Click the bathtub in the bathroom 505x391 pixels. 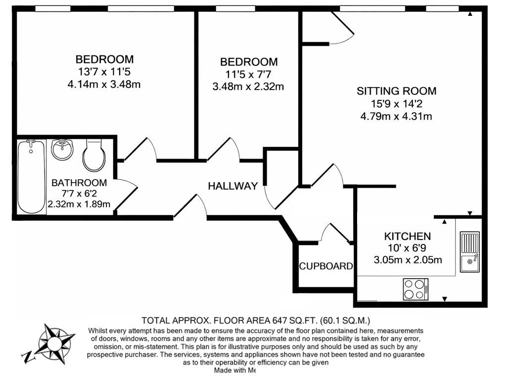pos(31,177)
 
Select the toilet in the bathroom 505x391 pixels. pos(93,154)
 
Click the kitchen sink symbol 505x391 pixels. pos(469,251)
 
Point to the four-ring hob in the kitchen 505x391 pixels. pos(415,289)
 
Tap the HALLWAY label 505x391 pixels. pos(232,186)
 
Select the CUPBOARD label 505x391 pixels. pos(325,266)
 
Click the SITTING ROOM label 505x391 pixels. pos(397,91)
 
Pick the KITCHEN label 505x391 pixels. pos(408,236)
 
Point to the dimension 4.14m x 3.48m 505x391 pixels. pos(104,84)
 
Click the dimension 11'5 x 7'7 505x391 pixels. pos(249,74)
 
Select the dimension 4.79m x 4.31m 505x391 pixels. pos(397,117)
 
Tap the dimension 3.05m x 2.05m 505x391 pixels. pos(408,260)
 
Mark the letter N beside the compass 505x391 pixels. pos(26,356)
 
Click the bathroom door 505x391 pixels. pos(126,193)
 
